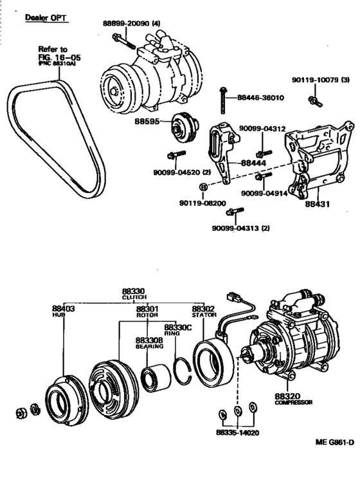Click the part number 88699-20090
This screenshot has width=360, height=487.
point(127,24)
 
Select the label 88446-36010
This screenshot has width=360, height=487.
point(261,98)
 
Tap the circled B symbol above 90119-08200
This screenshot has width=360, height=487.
point(203,188)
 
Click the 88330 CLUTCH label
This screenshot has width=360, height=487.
point(134,294)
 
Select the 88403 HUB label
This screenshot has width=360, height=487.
point(64,311)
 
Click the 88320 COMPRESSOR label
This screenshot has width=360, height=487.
point(293,399)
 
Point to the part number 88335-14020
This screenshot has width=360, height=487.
point(237,433)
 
